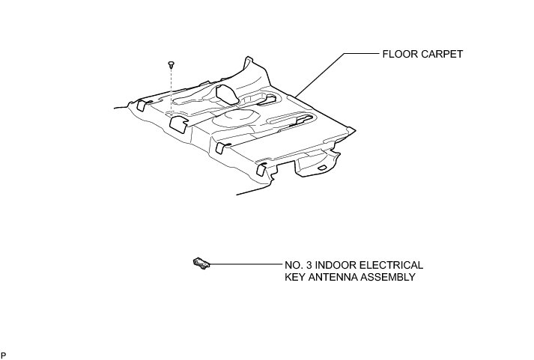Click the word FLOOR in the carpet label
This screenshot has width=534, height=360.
point(398,54)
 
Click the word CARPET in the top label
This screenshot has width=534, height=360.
point(442,54)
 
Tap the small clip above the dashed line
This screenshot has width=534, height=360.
point(172,65)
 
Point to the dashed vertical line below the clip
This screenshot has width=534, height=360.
point(172,90)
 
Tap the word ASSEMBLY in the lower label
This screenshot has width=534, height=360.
point(389,277)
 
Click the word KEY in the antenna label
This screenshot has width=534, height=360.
point(296,277)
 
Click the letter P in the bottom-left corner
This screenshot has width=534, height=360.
point(4,353)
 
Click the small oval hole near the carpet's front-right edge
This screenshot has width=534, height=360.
point(321,169)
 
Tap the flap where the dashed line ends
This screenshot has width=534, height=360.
point(178,121)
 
